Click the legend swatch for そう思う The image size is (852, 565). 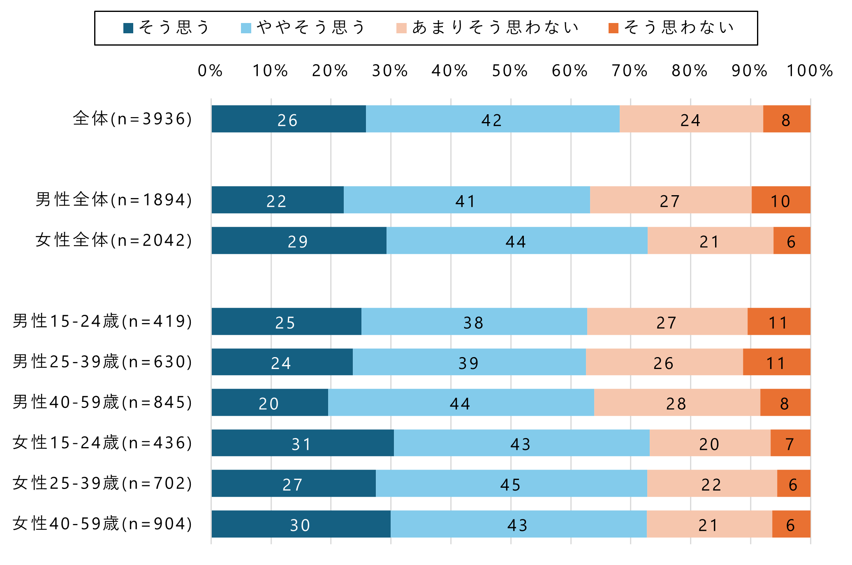click(x=128, y=28)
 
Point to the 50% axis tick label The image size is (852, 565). click(x=510, y=71)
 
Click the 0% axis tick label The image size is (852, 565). click(x=210, y=71)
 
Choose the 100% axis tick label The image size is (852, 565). click(x=810, y=71)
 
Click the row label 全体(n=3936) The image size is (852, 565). click(x=132, y=119)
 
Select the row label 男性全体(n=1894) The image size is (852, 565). click(x=113, y=200)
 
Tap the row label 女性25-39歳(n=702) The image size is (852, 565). click(x=102, y=483)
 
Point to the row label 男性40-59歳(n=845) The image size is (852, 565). click(x=102, y=402)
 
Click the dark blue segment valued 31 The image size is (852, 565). click(x=303, y=443)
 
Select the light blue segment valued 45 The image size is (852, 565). click(x=511, y=483)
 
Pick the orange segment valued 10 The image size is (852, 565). click(x=780, y=200)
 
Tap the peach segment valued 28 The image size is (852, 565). click(x=677, y=402)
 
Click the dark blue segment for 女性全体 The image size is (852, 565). click(x=299, y=240)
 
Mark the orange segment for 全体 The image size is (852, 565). click(x=787, y=119)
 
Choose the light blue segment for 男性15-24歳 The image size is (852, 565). click(x=474, y=321)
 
